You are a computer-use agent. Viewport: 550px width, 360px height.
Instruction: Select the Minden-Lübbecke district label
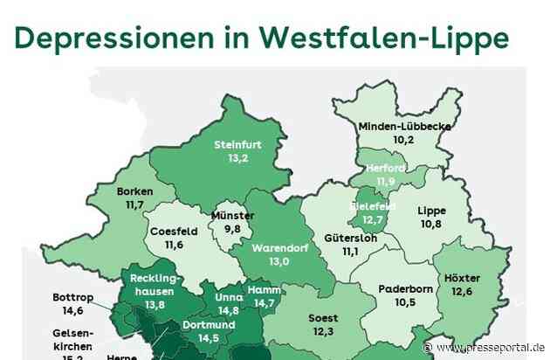[404, 126]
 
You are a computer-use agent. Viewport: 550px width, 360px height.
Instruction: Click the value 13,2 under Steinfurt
[238, 159]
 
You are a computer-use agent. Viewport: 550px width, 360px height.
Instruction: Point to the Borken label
[134, 191]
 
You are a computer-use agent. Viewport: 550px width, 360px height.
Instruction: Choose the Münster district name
[232, 216]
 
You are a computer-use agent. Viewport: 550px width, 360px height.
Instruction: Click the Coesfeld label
[173, 232]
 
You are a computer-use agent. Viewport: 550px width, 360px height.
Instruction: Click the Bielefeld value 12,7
[373, 219]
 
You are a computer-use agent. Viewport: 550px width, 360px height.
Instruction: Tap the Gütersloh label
[350, 238]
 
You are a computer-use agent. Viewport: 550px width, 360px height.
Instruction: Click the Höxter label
[486, 278]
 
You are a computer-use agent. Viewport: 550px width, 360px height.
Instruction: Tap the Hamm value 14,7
[264, 302]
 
